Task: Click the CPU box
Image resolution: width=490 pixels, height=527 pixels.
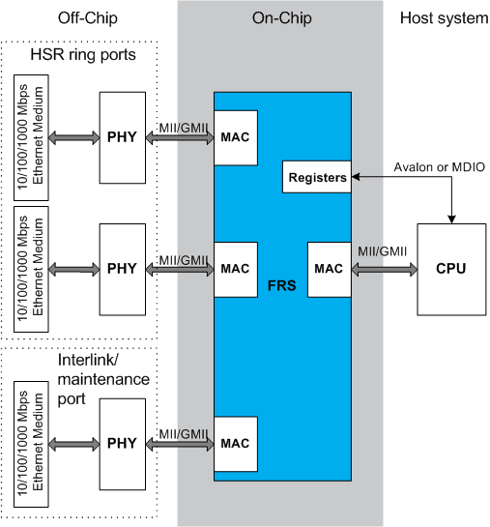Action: (x=451, y=269)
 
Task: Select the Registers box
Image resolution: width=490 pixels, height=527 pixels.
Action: (x=317, y=177)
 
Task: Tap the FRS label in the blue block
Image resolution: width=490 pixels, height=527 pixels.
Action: (x=282, y=285)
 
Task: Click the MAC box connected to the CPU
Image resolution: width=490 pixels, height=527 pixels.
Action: (x=330, y=269)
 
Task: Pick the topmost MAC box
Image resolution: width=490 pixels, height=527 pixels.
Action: (x=236, y=138)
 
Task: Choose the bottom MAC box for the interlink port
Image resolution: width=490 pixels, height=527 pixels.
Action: (x=236, y=444)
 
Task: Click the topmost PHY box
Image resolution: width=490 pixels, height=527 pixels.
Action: (x=122, y=138)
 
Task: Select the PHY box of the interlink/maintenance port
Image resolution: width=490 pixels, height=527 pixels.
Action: (x=122, y=444)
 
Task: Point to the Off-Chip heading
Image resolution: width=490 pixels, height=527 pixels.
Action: (x=88, y=18)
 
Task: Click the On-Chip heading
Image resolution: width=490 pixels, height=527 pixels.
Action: (x=282, y=18)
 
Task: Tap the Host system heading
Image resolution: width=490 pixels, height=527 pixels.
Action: (x=444, y=18)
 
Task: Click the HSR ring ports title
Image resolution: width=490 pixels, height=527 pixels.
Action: (x=83, y=55)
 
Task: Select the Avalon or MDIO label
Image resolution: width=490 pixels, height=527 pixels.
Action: (x=440, y=167)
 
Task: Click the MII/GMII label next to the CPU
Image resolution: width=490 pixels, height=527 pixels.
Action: (x=382, y=251)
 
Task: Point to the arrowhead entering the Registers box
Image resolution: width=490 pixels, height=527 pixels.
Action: (x=356, y=177)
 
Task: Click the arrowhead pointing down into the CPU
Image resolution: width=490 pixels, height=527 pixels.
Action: (x=451, y=220)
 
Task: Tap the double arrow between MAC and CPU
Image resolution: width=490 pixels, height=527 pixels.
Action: (x=385, y=269)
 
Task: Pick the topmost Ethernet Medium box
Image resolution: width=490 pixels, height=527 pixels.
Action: (x=31, y=138)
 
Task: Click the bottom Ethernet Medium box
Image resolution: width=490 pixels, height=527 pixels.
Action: (x=31, y=444)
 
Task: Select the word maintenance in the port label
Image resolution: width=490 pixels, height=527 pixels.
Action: (x=103, y=379)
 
